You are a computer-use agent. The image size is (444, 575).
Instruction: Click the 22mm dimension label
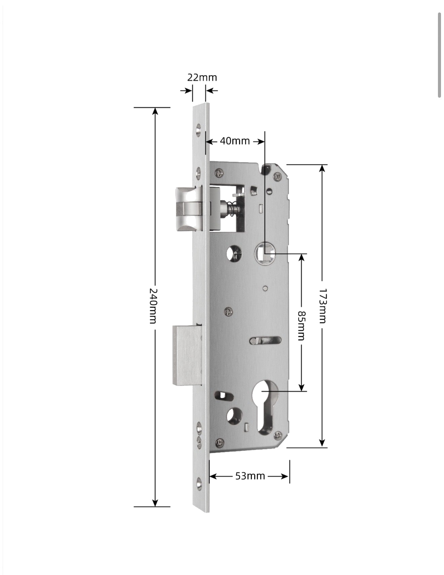coord(202,77)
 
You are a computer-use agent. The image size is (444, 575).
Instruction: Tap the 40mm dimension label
coord(235,141)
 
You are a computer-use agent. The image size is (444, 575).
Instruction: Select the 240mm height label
coord(153,306)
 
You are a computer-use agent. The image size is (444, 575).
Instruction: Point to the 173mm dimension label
coord(323,306)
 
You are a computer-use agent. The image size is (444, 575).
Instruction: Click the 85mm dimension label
coord(301,325)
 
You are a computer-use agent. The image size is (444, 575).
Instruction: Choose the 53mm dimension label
coord(250,476)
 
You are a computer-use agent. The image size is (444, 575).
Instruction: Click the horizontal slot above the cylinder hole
coord(265,340)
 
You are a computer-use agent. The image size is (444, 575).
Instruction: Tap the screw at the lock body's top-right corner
coord(277,175)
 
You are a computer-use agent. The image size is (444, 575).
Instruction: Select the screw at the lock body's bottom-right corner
coord(278,436)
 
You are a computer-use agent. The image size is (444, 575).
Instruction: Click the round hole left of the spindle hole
coord(234,253)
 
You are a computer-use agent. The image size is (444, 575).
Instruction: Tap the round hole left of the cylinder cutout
coord(234,415)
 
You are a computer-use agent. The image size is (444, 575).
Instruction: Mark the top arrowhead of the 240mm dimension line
coord(155,111)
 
